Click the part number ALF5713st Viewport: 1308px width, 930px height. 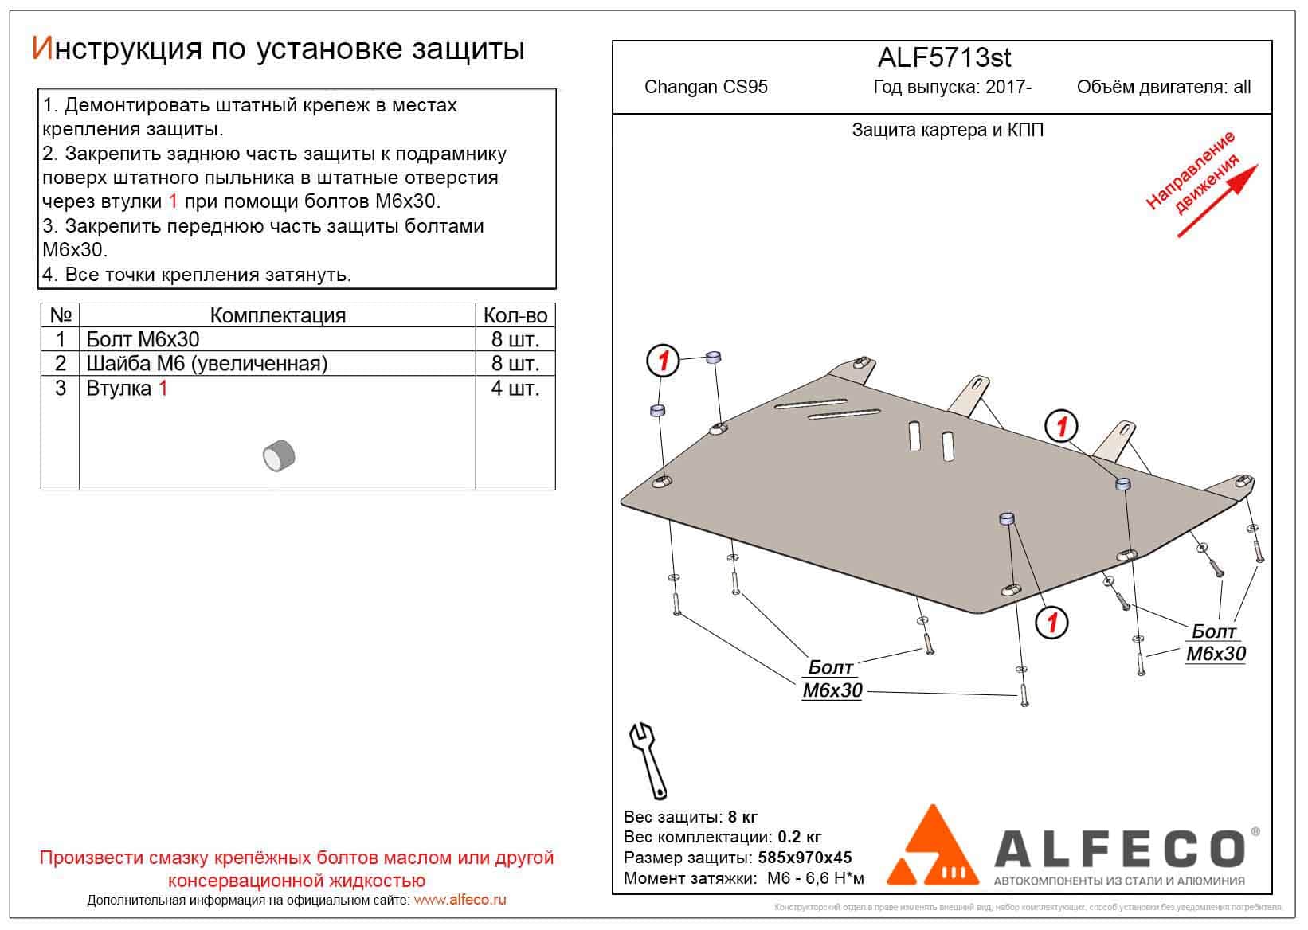tap(944, 57)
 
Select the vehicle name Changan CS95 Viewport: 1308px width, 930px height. tap(706, 87)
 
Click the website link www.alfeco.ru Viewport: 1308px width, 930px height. tap(460, 901)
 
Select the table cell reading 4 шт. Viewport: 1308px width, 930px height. tap(515, 389)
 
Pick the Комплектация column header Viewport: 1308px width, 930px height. tap(277, 315)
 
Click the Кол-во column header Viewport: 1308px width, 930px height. tap(515, 315)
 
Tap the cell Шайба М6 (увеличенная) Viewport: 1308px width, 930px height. tap(207, 364)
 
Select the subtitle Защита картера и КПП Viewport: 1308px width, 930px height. tap(947, 130)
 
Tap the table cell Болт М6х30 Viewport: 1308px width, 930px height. tap(143, 340)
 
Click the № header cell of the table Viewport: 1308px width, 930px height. tap(60, 315)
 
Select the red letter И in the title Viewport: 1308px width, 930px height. tap(41, 49)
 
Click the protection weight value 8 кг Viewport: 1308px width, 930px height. tap(742, 817)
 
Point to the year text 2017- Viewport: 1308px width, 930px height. tap(1011, 87)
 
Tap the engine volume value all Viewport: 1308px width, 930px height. tap(1241, 87)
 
